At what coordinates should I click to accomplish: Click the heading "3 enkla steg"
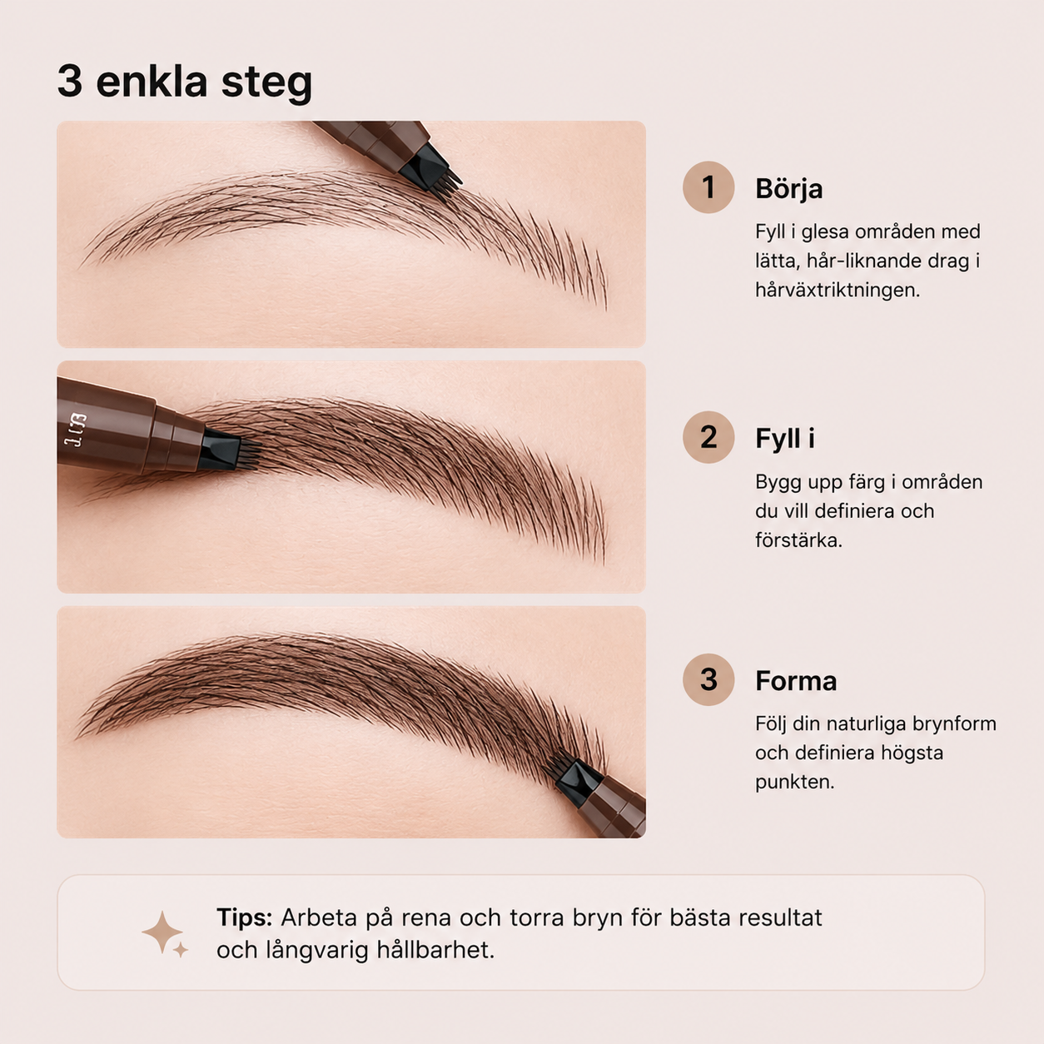(185, 82)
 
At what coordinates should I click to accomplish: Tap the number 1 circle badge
(708, 187)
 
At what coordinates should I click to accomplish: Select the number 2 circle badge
(708, 437)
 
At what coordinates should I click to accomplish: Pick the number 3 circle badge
(708, 679)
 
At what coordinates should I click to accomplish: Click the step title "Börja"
(788, 188)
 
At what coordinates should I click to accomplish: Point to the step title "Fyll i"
(785, 438)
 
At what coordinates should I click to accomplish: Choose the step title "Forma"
(796, 681)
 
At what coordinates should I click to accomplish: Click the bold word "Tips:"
(244, 917)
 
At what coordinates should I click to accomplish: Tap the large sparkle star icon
(162, 932)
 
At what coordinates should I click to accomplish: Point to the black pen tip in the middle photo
(227, 449)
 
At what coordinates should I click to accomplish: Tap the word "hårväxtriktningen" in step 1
(838, 291)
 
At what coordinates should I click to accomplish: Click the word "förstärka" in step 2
(798, 540)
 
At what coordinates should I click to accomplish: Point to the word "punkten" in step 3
(795, 783)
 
